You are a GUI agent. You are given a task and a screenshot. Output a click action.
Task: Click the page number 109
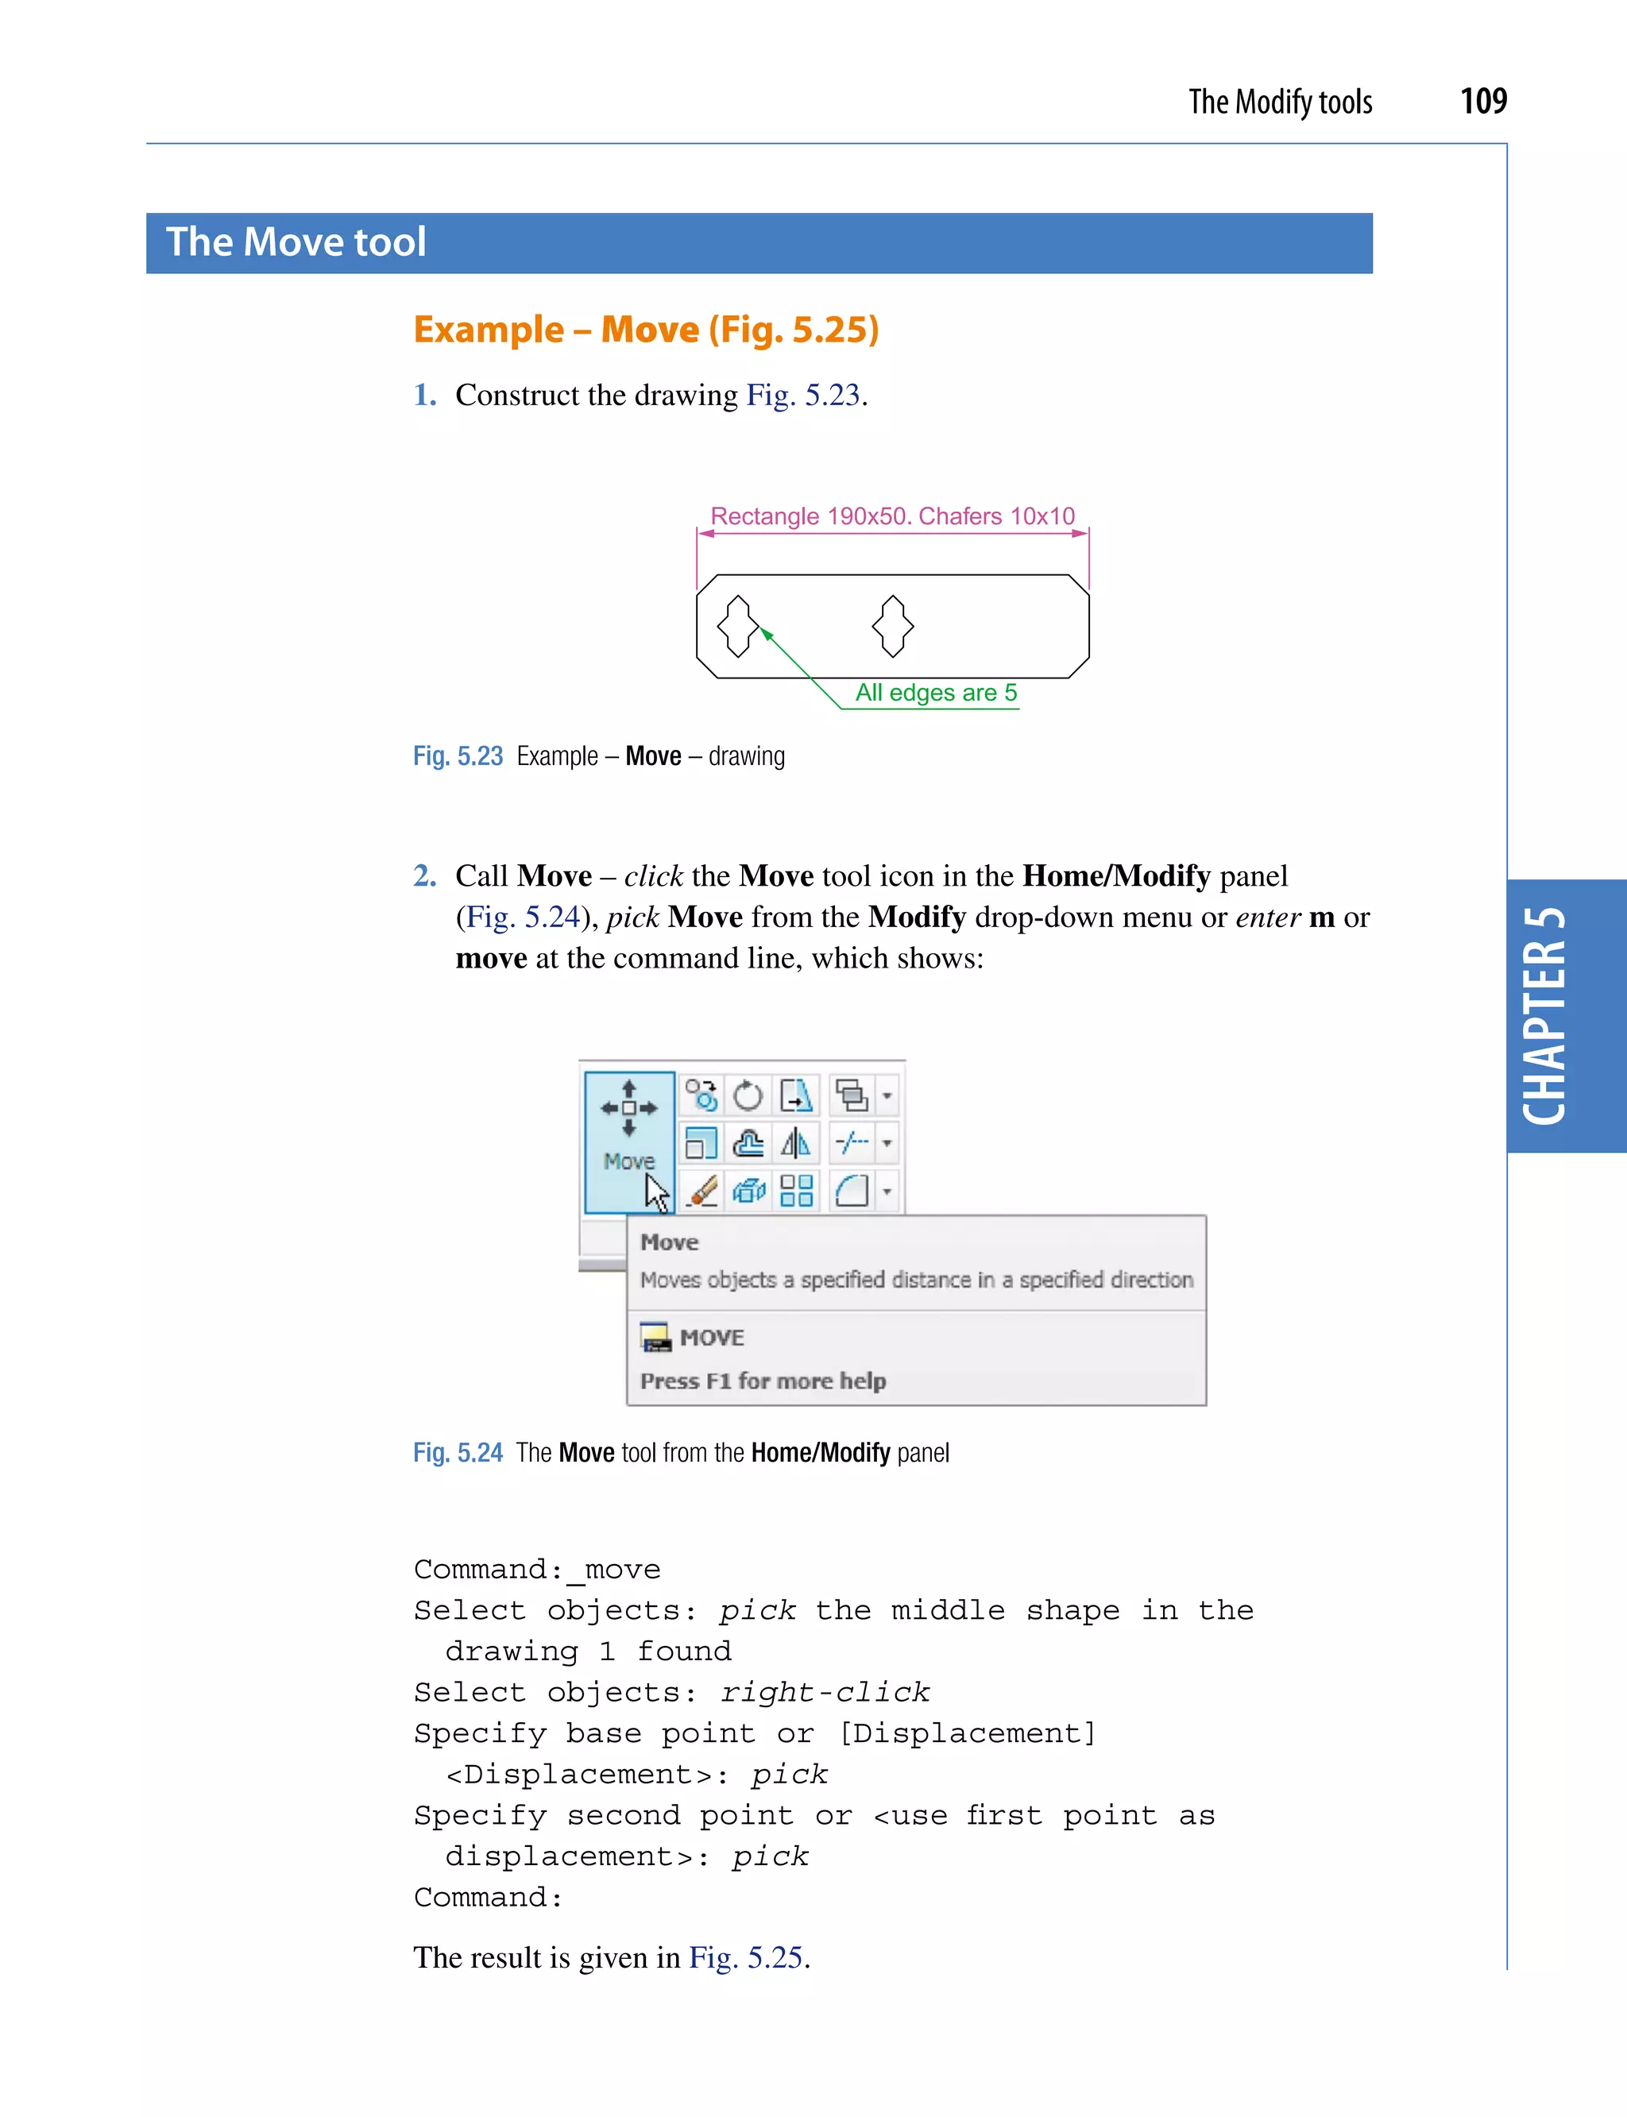pyautogui.click(x=1482, y=101)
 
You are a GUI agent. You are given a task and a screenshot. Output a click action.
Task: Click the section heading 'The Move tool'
pyautogui.click(x=296, y=242)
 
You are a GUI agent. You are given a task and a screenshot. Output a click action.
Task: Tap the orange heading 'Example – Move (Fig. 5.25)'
pyautogui.click(x=646, y=330)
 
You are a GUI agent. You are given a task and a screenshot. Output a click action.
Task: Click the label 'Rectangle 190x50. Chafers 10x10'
pyautogui.click(x=892, y=516)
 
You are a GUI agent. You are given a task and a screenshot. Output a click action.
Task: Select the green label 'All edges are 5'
pyautogui.click(x=936, y=693)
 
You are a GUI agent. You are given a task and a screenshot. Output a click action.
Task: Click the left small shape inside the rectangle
pyautogui.click(x=738, y=626)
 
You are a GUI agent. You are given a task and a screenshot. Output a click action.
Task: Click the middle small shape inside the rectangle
pyautogui.click(x=892, y=626)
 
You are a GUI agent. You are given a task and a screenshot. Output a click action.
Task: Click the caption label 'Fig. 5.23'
pyautogui.click(x=458, y=755)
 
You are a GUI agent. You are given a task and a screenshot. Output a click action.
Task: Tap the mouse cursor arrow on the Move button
pyautogui.click(x=658, y=1193)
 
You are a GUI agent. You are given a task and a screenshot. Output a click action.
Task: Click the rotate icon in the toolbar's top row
pyautogui.click(x=748, y=1096)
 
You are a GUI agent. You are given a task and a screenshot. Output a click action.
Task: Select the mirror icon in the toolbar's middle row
pyautogui.click(x=795, y=1144)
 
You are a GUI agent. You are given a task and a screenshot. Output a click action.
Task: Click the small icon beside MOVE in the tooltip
pyautogui.click(x=655, y=1338)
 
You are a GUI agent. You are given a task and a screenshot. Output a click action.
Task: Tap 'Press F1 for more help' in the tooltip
pyautogui.click(x=762, y=1380)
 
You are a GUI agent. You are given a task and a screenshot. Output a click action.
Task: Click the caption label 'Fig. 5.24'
pyautogui.click(x=458, y=1453)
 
